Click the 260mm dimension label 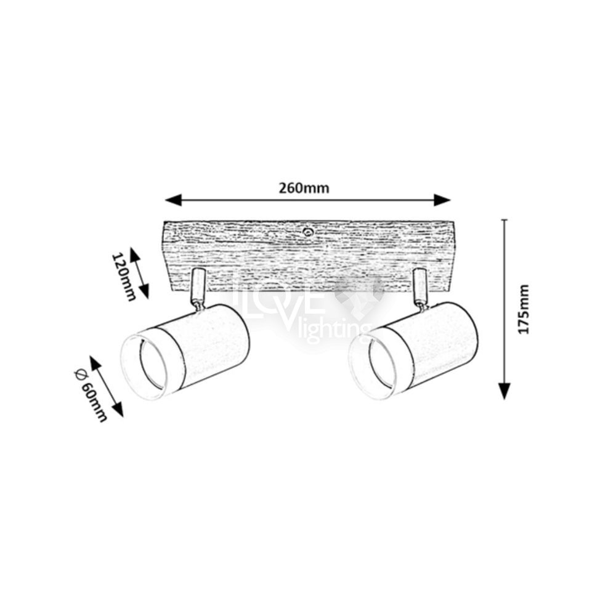(304, 188)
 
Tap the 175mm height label (523, 310)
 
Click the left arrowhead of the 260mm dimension (173, 200)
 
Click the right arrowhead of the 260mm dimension (442, 200)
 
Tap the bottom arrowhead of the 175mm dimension (505, 391)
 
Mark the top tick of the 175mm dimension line (505, 220)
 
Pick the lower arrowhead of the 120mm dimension (145, 291)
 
